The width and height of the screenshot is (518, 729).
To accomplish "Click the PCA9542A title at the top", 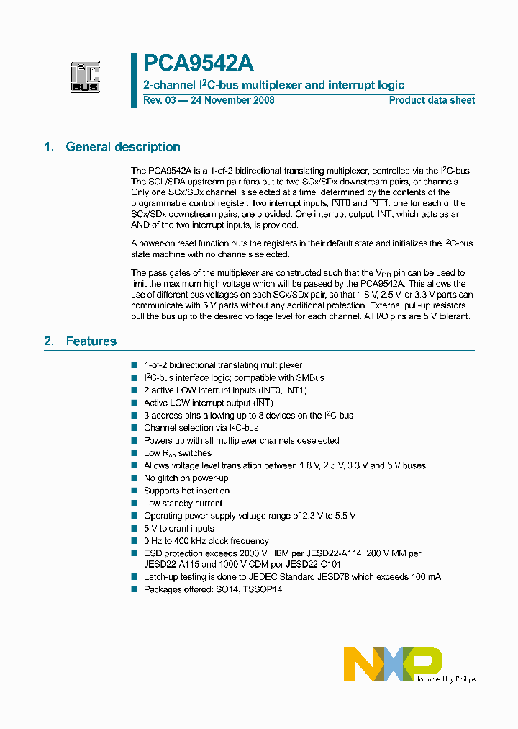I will coord(198,64).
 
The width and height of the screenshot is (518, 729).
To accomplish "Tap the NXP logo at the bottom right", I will coord(393,663).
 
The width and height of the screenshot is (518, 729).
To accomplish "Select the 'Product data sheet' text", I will coord(432,100).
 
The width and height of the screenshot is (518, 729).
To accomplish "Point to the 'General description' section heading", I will coord(123,147).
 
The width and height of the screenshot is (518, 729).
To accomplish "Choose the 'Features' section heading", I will coord(91,341).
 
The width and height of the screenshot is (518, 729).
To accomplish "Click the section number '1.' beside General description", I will coord(49,147).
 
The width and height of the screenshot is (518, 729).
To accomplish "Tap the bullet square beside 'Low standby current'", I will coord(135,504).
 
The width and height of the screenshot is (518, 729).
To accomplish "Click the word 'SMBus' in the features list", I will coord(309,377).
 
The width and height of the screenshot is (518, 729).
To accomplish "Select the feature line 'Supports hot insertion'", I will coord(187,491).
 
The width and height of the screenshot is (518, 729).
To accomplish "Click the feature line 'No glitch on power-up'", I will coord(186,478).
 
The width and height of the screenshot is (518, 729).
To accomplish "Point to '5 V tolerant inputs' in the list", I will coord(179,529).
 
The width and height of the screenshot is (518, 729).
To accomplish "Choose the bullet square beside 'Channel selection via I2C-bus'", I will coord(135,428).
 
